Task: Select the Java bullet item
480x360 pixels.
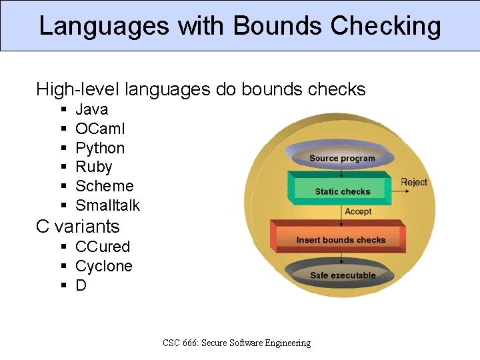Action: [x=91, y=109]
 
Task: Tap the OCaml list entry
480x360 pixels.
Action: [x=100, y=129]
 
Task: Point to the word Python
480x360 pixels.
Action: [x=100, y=148]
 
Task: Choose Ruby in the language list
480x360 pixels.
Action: [x=94, y=167]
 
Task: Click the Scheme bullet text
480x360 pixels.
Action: [x=105, y=186]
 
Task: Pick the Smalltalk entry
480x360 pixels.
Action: [x=107, y=205]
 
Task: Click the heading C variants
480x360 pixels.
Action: [x=78, y=226]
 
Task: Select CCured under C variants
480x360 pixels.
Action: [x=103, y=247]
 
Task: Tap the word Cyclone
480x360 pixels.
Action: [x=104, y=266]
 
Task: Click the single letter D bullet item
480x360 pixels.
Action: [x=81, y=285]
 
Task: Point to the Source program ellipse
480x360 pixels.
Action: [x=342, y=158]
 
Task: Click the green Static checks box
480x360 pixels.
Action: [x=341, y=191]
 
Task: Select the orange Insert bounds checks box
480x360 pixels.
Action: [x=341, y=239]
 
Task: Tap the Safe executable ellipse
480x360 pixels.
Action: [x=343, y=275]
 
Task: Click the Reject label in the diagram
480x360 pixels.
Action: [x=413, y=183]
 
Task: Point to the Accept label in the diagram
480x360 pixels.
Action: [x=358, y=211]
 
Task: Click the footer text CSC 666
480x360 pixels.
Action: [x=177, y=343]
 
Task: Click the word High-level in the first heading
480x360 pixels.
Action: [x=78, y=89]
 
